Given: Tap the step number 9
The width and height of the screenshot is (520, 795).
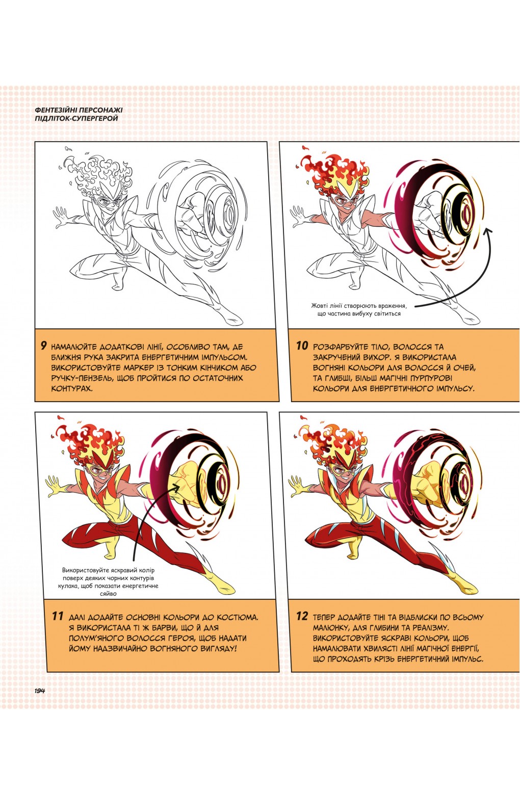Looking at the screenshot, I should (x=44, y=345).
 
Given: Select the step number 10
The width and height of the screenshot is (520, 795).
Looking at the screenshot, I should (x=302, y=346).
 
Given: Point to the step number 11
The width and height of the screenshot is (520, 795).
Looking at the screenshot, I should (x=58, y=616).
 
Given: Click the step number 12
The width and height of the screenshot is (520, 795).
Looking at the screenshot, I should (x=302, y=616).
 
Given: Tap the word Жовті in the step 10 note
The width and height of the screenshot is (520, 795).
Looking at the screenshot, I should (x=321, y=306).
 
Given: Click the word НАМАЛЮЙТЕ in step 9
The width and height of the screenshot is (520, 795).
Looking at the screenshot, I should (x=77, y=347).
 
